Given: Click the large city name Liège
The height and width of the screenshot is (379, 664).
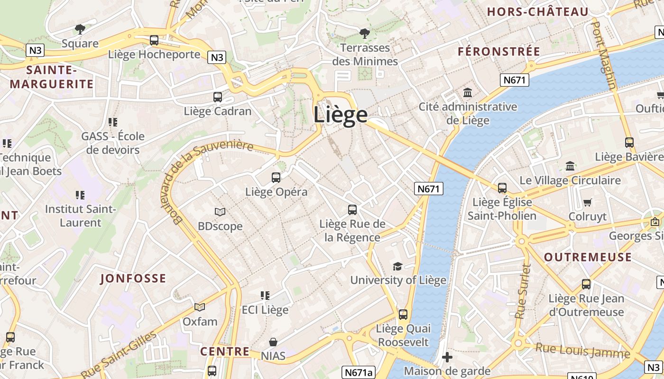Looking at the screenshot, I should pyautogui.click(x=340, y=115).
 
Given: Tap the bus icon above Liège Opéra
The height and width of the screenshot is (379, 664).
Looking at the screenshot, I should pyautogui.click(x=276, y=178).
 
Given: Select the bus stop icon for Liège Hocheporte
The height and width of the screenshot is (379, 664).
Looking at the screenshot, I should pyautogui.click(x=154, y=40).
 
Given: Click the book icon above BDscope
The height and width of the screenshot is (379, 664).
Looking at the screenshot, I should pyautogui.click(x=220, y=212).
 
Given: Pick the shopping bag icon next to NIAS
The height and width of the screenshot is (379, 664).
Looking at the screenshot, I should pyautogui.click(x=273, y=342).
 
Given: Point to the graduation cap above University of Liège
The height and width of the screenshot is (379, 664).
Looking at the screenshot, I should pyautogui.click(x=397, y=266).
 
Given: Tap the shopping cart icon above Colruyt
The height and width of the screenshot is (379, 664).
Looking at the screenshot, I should pyautogui.click(x=588, y=203).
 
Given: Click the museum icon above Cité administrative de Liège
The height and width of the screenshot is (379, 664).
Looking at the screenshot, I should pyautogui.click(x=468, y=92).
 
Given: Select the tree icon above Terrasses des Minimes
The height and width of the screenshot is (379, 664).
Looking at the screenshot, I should pyautogui.click(x=365, y=33).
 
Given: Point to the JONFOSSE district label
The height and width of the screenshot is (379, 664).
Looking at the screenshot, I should pyautogui.click(x=133, y=279).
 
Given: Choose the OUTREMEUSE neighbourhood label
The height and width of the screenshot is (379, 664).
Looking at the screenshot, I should pyautogui.click(x=588, y=257).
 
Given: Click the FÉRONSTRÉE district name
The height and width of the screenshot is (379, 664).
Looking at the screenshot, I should pyautogui.click(x=499, y=52).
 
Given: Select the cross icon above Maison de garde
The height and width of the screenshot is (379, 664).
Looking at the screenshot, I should pyautogui.click(x=447, y=357).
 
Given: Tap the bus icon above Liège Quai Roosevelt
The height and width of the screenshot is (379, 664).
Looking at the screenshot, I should pyautogui.click(x=403, y=314).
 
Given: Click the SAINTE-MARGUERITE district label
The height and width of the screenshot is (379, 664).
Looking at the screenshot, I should pyautogui.click(x=52, y=77).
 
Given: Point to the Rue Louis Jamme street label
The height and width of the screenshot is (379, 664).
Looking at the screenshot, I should pyautogui.click(x=582, y=351).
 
